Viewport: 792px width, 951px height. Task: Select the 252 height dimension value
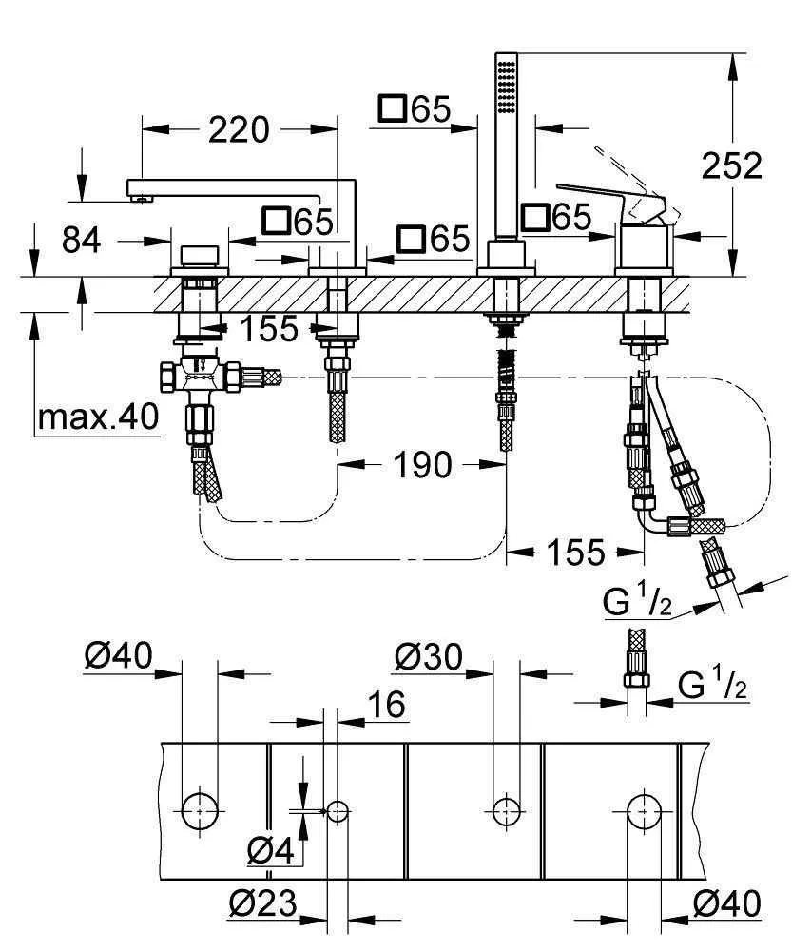731,166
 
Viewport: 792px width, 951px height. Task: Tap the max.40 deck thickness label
98,418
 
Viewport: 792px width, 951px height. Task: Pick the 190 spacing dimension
421,465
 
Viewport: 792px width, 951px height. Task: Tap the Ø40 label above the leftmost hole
118,656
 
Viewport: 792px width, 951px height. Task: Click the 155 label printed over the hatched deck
268,330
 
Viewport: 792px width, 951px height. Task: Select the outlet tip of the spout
142,198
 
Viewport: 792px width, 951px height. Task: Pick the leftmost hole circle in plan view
201,810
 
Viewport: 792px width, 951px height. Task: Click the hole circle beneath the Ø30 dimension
506,810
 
